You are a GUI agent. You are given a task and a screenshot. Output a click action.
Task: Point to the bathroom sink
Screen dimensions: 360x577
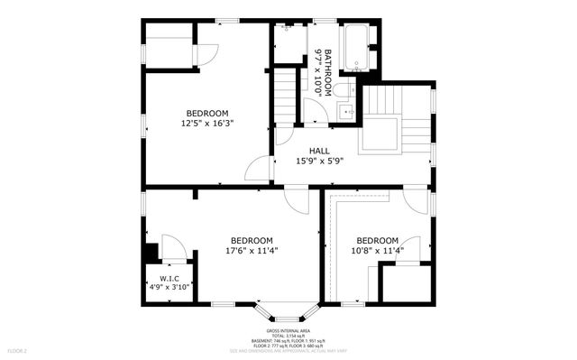(346, 112)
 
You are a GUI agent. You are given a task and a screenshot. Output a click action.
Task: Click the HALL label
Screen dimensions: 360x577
(319, 151)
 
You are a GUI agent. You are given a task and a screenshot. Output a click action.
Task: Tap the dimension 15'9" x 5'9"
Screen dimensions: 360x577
(319, 162)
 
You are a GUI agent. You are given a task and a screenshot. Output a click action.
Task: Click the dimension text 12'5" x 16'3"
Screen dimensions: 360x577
(206, 124)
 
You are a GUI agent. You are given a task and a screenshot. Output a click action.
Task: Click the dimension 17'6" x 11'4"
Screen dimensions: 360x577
(252, 251)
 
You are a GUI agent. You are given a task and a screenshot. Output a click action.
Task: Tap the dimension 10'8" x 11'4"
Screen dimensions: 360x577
(377, 251)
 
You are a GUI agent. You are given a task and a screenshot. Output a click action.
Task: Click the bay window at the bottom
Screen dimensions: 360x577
(288, 311)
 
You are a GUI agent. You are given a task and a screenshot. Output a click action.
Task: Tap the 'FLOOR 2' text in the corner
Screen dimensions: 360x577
(18, 349)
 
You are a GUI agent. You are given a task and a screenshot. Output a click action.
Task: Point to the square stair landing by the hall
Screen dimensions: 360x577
(380, 135)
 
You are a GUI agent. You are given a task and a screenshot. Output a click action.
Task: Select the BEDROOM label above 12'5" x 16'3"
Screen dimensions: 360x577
(206, 113)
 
